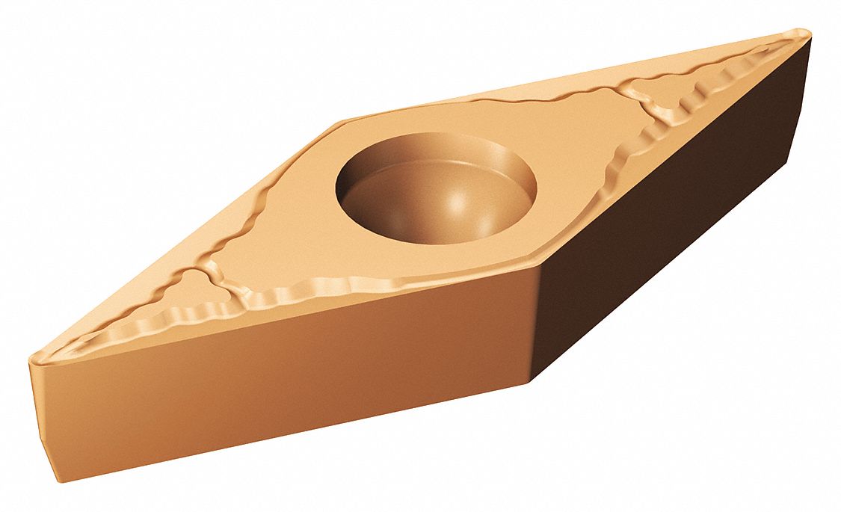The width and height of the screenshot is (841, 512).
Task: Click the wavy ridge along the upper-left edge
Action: [x=232, y=217]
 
